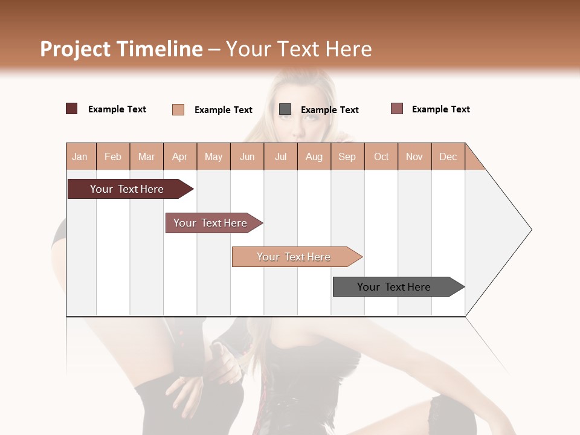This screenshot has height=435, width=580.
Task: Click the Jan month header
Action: pos(80,156)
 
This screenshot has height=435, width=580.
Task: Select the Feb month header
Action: pos(113,156)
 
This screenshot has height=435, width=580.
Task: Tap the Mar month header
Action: pos(146,156)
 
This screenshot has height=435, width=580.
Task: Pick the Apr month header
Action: pos(180,156)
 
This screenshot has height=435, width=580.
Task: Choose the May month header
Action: pos(213,156)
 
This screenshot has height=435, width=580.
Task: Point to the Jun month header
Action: pos(247,156)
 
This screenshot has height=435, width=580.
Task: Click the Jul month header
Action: pos(280,156)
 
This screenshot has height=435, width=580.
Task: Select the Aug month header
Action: pos(314,156)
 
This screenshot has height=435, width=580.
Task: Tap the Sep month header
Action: pos(347,156)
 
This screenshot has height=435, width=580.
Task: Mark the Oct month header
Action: pos(381,156)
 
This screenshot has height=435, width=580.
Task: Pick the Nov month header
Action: pos(414,156)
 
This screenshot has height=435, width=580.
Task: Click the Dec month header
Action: pos(448,156)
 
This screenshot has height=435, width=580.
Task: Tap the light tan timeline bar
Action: pos(294,257)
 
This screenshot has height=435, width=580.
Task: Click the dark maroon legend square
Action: pos(72,109)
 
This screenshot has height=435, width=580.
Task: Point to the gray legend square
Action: pos(285,109)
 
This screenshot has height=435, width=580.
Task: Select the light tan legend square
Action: pos(178,109)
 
